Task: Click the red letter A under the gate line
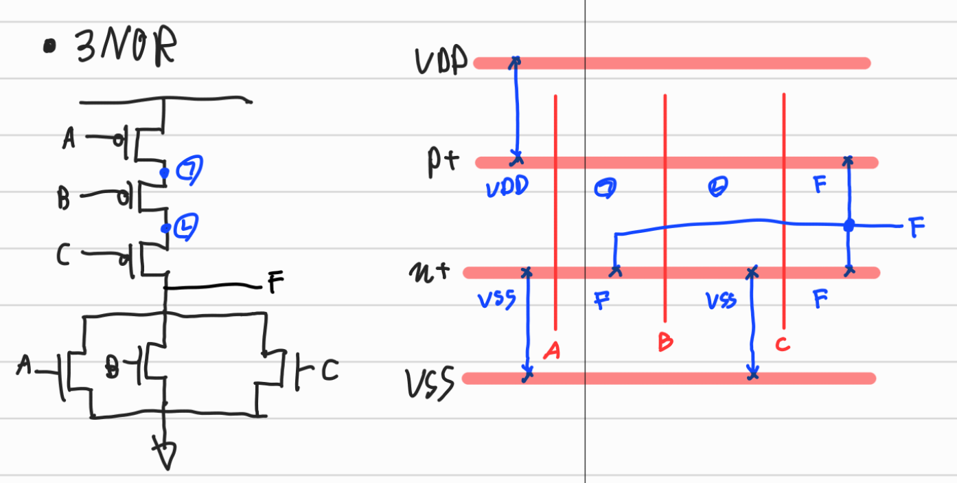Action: pyautogui.click(x=551, y=351)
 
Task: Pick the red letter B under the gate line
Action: pyautogui.click(x=665, y=341)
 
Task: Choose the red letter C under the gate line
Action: pyautogui.click(x=783, y=343)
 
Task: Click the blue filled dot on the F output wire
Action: pyautogui.click(x=849, y=225)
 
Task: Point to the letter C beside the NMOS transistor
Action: pyautogui.click(x=329, y=372)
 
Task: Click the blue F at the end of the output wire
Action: pyautogui.click(x=917, y=227)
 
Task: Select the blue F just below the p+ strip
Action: pyautogui.click(x=819, y=185)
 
